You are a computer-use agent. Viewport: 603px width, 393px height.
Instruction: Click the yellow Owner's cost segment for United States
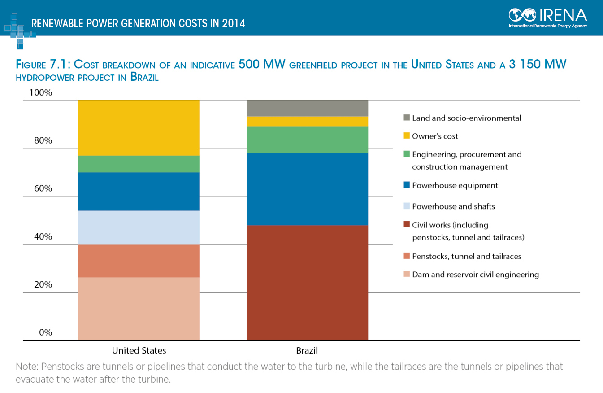(139, 128)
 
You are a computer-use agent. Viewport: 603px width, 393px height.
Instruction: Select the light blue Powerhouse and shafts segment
(139, 227)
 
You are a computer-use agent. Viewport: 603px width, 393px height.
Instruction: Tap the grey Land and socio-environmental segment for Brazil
(308, 108)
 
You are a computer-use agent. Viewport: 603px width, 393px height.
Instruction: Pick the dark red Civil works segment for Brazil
(308, 282)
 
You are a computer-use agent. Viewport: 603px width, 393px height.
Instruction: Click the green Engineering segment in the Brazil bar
(308, 140)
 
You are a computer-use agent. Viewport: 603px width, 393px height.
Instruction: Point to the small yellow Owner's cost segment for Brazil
(308, 122)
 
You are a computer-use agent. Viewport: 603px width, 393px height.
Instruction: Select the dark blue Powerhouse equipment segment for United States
(139, 192)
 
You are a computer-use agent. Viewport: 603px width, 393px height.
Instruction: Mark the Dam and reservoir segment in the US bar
(139, 309)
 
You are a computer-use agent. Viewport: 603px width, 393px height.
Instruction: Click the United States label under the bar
(139, 350)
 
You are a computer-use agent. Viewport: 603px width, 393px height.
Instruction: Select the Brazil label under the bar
(307, 350)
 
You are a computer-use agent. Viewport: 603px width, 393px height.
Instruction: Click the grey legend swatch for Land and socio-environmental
(407, 118)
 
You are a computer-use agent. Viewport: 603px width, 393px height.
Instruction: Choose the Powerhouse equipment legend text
(455, 185)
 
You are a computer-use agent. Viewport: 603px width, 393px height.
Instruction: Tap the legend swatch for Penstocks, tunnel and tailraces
(407, 256)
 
